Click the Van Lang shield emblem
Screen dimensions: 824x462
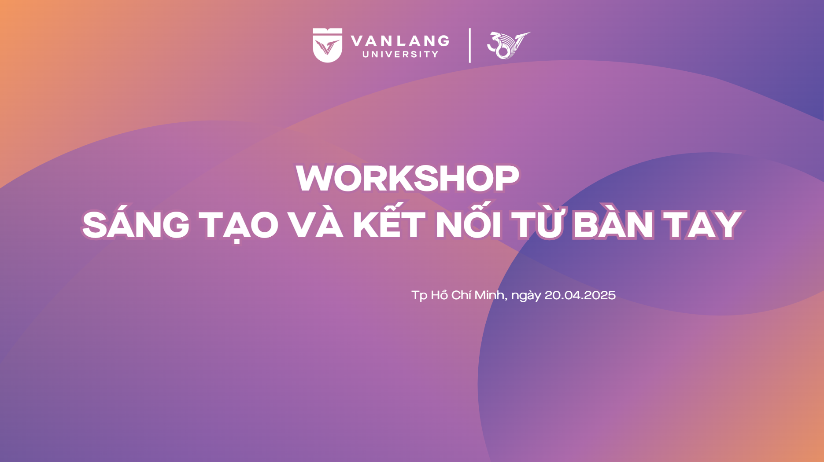coord(327,45)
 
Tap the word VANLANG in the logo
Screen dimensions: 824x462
coord(400,41)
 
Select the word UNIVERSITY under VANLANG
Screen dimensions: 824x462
coord(400,55)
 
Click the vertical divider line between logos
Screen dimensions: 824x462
coord(469,45)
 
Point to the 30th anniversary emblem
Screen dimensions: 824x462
coord(508,45)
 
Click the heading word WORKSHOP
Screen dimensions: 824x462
coord(407,178)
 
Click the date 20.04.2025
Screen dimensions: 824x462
coord(580,295)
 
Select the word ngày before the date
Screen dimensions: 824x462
coord(526,296)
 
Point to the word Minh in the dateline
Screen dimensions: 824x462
coord(491,295)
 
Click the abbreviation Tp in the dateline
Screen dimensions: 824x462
coord(419,296)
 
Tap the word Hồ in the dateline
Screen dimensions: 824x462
coord(439,294)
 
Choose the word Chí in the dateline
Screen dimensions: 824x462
coord(461,294)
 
